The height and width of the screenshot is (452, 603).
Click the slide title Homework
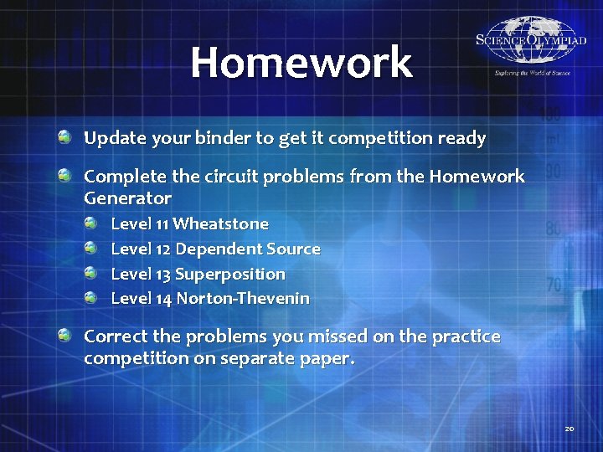click(x=301, y=63)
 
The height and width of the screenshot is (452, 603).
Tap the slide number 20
click(x=569, y=429)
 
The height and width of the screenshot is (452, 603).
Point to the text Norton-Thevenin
click(x=243, y=298)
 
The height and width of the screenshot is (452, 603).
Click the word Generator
click(x=127, y=198)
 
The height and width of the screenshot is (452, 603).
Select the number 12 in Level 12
click(x=163, y=249)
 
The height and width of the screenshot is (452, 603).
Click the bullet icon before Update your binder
click(x=64, y=136)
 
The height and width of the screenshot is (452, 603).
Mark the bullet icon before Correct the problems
click(x=64, y=335)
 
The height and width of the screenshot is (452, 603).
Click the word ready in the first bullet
click(x=461, y=138)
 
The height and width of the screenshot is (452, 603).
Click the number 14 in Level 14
click(x=163, y=298)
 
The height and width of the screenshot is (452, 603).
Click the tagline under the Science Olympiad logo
click(x=520, y=74)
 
